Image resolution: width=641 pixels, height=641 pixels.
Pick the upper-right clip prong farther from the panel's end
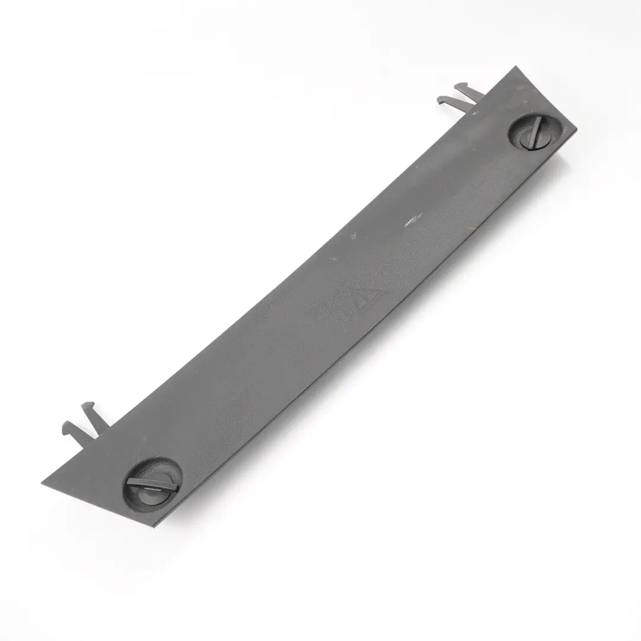(451, 103)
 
